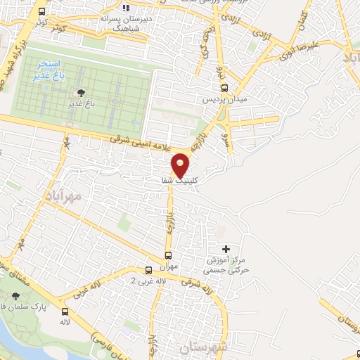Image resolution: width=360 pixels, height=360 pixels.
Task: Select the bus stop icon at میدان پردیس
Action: [x=225, y=88]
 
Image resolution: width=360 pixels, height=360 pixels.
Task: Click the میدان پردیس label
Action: [x=225, y=101]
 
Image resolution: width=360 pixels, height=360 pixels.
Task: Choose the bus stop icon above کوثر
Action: [x=41, y=12]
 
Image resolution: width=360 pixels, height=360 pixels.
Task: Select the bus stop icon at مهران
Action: [x=169, y=255]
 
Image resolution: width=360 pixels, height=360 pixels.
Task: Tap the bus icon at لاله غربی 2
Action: [x=148, y=270]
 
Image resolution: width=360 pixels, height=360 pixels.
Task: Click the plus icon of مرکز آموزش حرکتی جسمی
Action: [x=226, y=249]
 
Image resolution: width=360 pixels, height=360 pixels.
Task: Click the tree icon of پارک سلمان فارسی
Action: [x=17, y=297]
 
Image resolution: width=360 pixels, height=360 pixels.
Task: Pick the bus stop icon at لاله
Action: [x=65, y=311]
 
